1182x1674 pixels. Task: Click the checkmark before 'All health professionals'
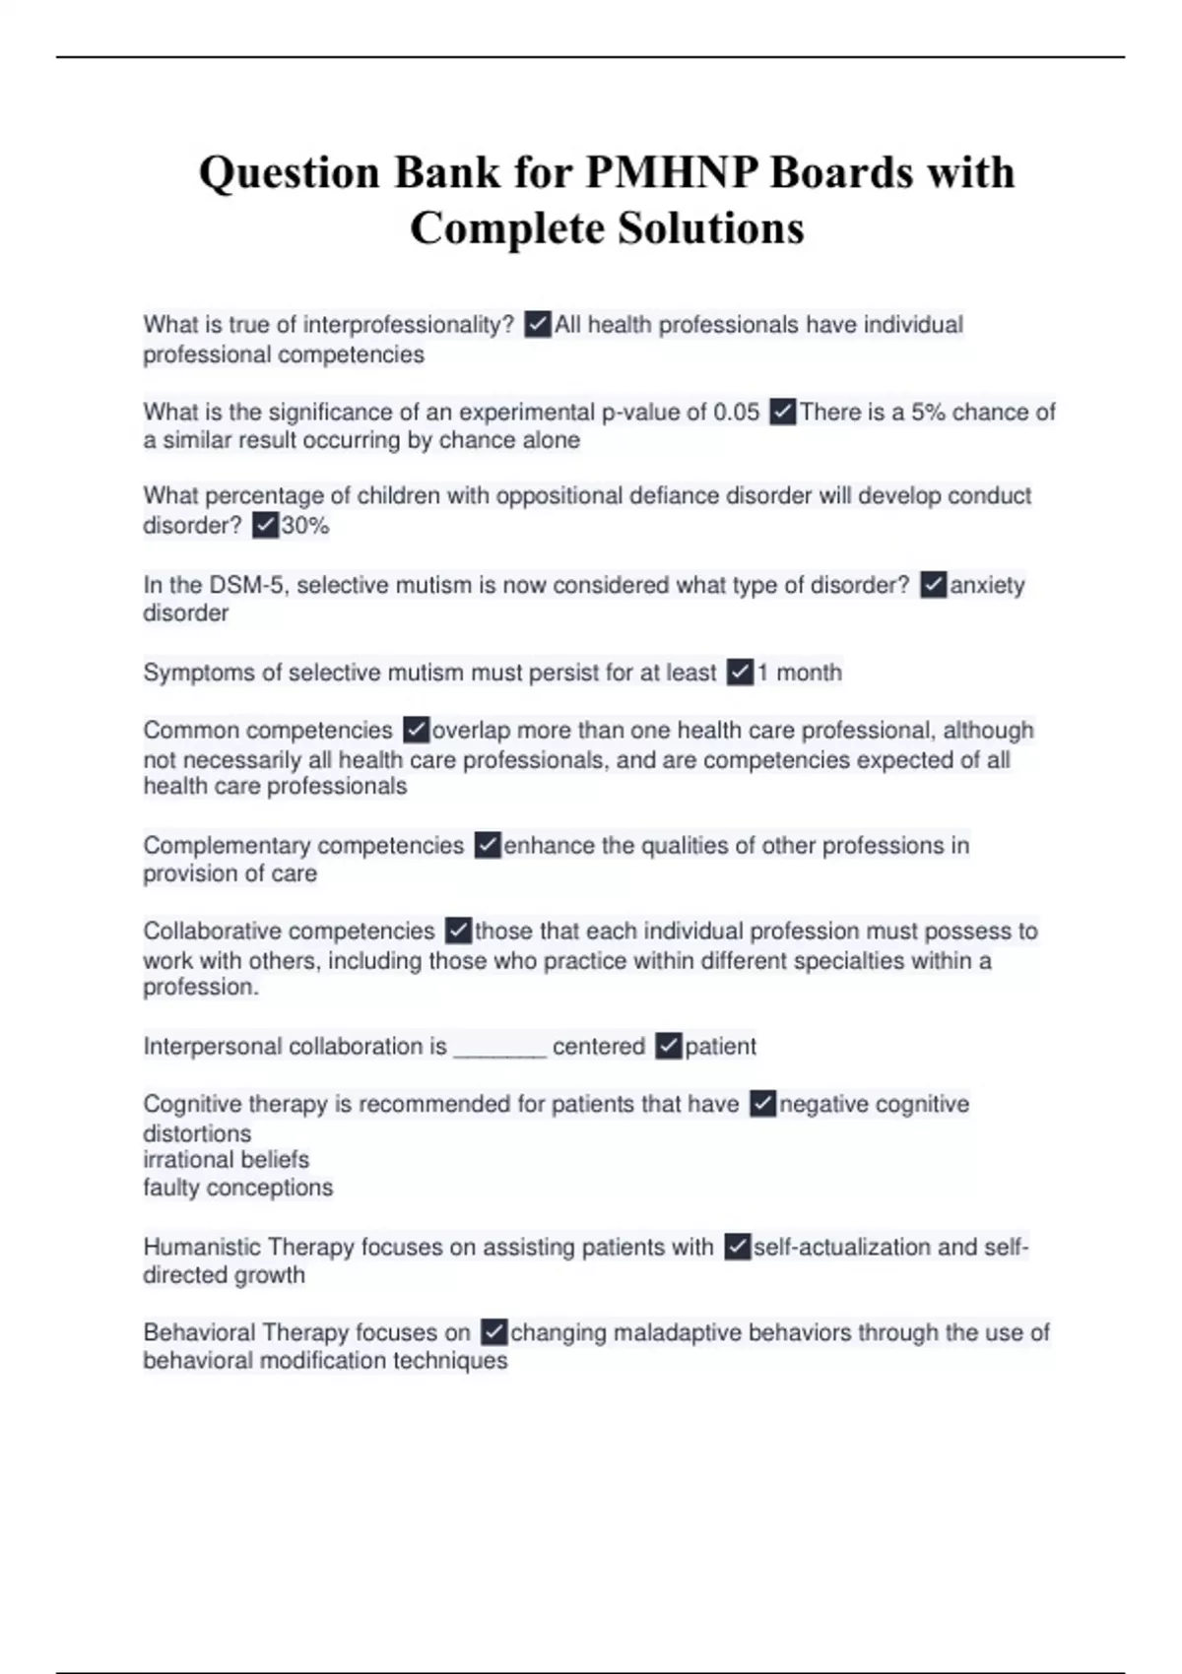538,324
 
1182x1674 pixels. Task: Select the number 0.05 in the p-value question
735,412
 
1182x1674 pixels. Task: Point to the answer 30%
305,526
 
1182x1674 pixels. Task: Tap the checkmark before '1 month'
741,673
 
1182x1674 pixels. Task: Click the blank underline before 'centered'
499,1047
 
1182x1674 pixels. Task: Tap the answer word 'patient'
720,1047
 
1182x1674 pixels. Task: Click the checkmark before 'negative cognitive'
762,1104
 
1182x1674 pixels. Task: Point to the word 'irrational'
185,1160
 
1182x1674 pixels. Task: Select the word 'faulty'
171,1188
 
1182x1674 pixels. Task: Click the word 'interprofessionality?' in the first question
408,324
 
